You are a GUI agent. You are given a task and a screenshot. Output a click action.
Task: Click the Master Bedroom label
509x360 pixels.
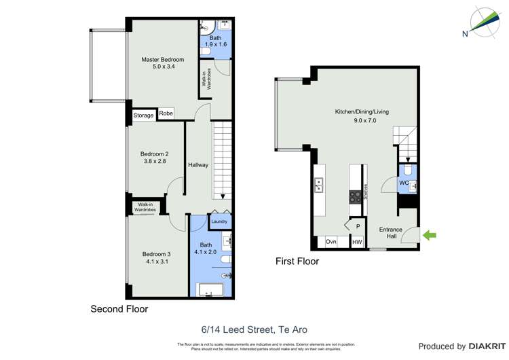point(163,60)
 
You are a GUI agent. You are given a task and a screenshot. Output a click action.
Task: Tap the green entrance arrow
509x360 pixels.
point(430,236)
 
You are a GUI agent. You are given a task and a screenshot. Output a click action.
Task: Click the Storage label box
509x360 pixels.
point(143,115)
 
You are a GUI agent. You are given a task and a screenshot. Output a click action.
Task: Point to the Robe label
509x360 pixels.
point(166,113)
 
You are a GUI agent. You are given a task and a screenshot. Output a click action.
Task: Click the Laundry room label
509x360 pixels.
point(219,221)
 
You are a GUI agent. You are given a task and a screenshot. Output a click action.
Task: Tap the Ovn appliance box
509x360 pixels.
point(331,242)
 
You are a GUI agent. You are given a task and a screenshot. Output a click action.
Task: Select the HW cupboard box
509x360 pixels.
point(357,242)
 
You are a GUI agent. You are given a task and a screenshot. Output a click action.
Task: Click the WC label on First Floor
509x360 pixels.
point(404,183)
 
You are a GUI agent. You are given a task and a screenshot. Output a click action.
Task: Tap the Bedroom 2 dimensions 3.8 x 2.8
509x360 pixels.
point(155,162)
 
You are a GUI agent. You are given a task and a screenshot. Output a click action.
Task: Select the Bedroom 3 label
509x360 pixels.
point(156,254)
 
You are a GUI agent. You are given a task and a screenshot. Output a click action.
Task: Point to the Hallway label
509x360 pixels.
point(198,165)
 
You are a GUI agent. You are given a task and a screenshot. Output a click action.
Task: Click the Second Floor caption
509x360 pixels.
point(119,309)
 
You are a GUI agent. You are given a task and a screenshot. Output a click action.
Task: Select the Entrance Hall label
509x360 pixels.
point(391,233)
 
